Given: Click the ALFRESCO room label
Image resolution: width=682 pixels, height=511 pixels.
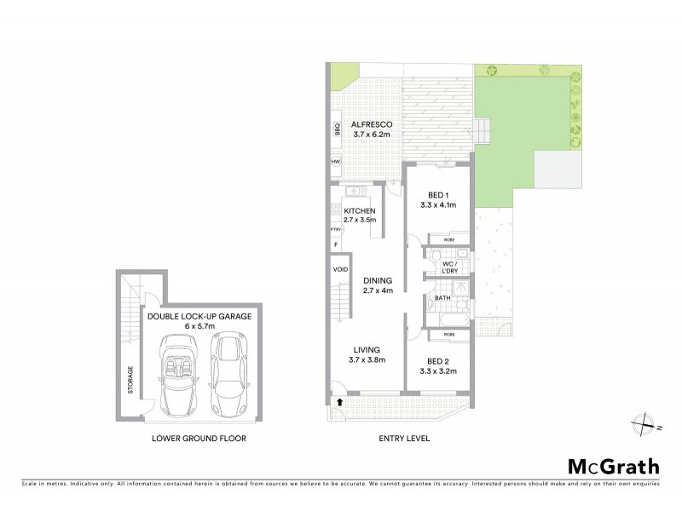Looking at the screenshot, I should (x=370, y=124).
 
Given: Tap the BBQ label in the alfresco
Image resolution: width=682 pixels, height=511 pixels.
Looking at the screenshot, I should (x=337, y=130).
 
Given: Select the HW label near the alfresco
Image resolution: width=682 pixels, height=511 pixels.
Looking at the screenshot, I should (x=337, y=161).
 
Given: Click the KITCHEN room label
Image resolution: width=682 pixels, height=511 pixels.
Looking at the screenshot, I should (x=359, y=210).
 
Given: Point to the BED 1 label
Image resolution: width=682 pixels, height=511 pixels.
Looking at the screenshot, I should (x=435, y=195).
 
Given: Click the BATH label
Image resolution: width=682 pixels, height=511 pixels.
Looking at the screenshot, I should (x=442, y=298).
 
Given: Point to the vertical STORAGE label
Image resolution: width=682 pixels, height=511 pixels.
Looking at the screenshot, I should (x=130, y=381).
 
